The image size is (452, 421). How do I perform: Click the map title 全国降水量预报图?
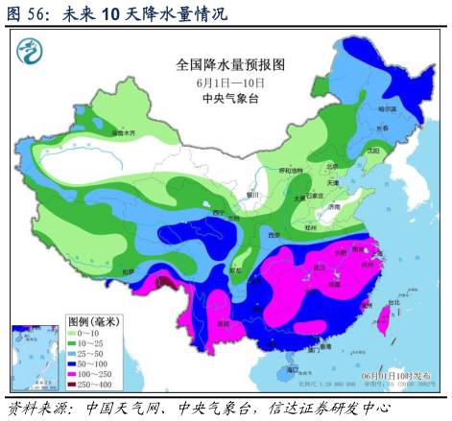click(x=231, y=65)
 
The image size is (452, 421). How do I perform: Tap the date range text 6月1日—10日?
click(x=230, y=83)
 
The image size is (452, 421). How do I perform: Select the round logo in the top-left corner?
click(x=36, y=48)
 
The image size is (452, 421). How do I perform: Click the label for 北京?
click(x=332, y=164)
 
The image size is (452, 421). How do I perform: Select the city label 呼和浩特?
click(x=290, y=170)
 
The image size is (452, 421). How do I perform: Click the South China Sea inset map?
click(x=35, y=354)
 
